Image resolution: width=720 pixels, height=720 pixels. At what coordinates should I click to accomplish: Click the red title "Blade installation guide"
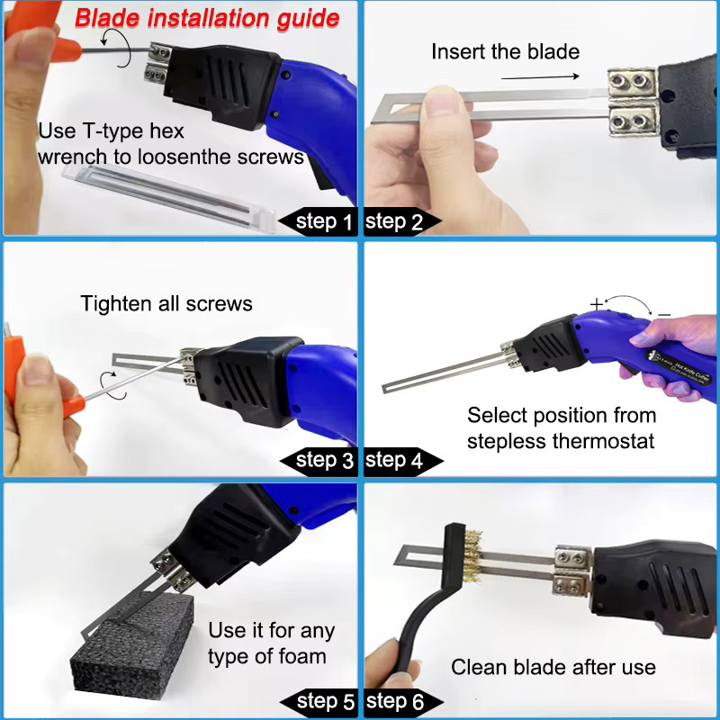[x=207, y=19]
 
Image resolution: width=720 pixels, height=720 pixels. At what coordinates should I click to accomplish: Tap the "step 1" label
[x=324, y=221]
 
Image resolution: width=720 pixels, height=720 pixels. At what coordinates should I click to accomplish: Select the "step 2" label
[x=393, y=221]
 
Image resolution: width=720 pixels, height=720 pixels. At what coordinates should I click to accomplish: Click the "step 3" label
[x=324, y=460]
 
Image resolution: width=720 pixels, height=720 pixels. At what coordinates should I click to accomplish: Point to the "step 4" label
[x=394, y=460]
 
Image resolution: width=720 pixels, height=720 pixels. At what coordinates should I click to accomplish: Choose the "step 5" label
[x=326, y=701]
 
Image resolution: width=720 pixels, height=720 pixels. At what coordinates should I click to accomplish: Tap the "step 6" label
[x=395, y=701]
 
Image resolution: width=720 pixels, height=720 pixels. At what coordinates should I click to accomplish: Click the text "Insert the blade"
[x=505, y=51]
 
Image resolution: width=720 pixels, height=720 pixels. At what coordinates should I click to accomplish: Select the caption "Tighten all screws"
[x=166, y=303]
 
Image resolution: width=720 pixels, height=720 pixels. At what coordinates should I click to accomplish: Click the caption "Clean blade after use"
[x=553, y=667]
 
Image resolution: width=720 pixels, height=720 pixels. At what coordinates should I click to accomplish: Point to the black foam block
[x=133, y=643]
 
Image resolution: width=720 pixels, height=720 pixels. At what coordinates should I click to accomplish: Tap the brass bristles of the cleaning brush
[x=473, y=555]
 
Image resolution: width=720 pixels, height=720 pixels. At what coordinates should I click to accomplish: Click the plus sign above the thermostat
[x=597, y=303]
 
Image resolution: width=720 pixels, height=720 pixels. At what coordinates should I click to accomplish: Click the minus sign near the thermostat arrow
[x=664, y=314]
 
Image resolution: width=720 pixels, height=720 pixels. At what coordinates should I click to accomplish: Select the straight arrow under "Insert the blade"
[x=540, y=77]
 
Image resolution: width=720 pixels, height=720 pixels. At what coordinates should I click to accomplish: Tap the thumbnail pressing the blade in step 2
[x=442, y=102]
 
